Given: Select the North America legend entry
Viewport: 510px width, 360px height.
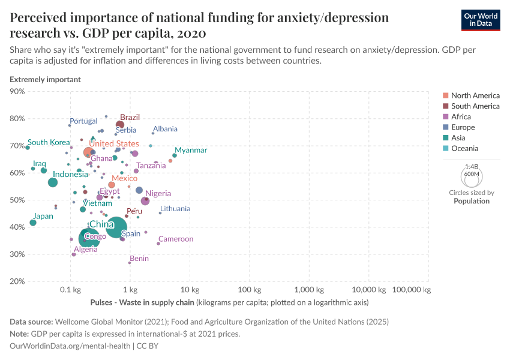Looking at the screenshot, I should coord(475,95).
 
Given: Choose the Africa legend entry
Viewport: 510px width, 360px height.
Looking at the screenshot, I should coord(461,116).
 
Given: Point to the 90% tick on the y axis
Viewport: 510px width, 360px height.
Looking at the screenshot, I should coord(17,91).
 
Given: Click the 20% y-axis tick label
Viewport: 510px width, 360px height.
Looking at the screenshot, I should coord(17,281).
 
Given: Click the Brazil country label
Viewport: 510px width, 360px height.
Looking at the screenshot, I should coord(130,118).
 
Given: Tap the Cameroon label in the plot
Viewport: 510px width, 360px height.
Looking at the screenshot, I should coord(176,239).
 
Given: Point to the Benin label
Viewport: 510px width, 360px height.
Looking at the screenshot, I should coord(139,259).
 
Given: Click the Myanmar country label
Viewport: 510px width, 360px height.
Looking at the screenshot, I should coord(191,150).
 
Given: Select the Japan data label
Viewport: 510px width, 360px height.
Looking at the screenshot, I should coord(43,216).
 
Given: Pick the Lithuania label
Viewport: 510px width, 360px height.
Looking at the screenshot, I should coord(175,209).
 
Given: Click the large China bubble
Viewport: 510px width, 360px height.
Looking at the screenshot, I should coord(116,227).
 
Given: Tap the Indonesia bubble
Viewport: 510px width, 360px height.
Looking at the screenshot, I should coord(53,182).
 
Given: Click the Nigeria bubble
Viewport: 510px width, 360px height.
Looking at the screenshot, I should coord(145,201).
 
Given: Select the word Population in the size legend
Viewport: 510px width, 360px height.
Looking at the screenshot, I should coord(471,201).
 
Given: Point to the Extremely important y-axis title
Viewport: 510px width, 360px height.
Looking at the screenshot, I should coord(46,79).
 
